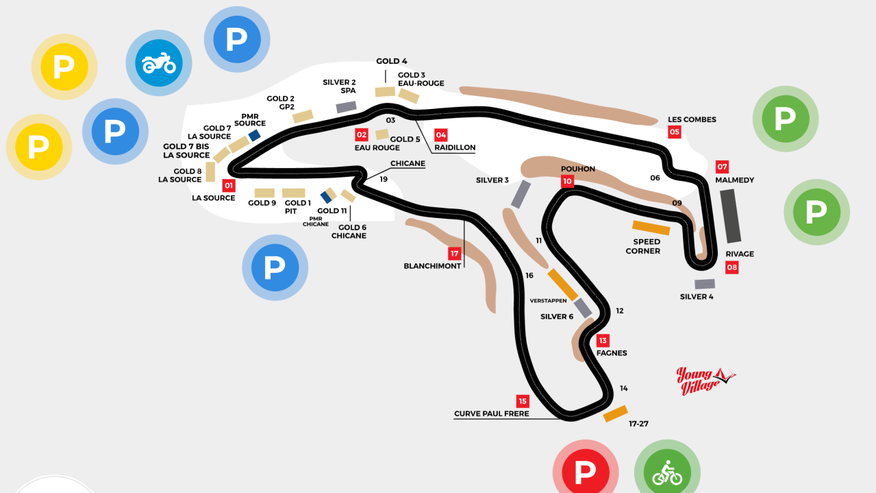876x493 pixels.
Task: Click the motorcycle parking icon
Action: [159, 64]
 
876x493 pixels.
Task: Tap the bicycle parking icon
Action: [666, 472]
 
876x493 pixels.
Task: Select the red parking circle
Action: [585, 472]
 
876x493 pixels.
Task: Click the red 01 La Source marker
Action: [229, 185]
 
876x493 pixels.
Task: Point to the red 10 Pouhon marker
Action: [567, 182]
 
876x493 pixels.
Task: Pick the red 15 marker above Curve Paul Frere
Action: [523, 401]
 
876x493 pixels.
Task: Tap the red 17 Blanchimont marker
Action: [454, 253]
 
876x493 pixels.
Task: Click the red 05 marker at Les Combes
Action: [675, 132]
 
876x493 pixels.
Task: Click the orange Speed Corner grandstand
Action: [651, 228]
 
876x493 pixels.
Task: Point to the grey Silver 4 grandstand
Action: [705, 284]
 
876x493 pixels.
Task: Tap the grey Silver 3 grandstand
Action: [521, 194]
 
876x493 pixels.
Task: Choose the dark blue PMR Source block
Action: [255, 136]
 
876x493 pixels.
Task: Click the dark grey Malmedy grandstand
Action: [731, 215]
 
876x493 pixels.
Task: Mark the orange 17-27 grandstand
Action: [615, 413]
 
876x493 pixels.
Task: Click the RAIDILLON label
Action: [454, 147]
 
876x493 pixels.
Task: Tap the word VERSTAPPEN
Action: [549, 300]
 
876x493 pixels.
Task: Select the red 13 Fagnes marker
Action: [603, 340]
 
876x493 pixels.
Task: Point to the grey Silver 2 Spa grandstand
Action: [347, 107]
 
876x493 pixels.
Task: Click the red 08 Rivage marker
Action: [732, 268]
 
